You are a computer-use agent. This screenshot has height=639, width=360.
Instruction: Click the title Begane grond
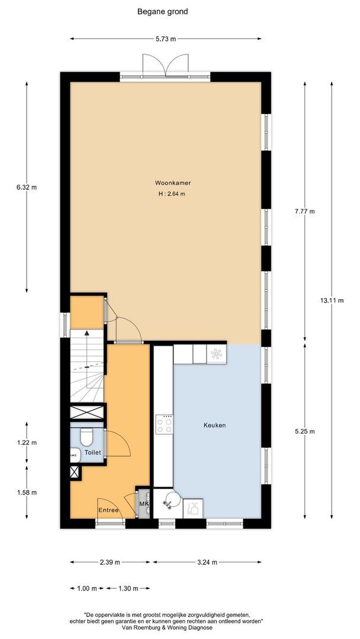pyautogui.click(x=163, y=12)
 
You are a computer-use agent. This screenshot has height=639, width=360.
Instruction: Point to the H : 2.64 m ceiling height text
pyautogui.click(x=172, y=194)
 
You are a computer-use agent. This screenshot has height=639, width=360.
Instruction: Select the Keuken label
pyautogui.click(x=215, y=425)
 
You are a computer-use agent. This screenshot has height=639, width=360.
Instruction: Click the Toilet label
pyautogui.click(x=92, y=453)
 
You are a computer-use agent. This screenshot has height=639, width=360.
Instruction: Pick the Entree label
pyautogui.click(x=108, y=510)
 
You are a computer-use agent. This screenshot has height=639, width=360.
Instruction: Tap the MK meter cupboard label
pyautogui.click(x=143, y=504)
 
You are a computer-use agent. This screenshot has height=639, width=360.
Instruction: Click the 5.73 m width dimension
pyautogui.click(x=166, y=39)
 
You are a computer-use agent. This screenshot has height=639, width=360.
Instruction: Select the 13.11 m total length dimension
pyautogui.click(x=332, y=301)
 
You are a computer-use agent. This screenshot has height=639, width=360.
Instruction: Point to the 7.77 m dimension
pyautogui.click(x=306, y=211)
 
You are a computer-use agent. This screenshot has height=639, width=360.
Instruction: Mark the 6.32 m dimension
pyautogui.click(x=27, y=188)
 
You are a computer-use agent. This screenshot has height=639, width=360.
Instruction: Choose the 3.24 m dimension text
pyautogui.click(x=207, y=563)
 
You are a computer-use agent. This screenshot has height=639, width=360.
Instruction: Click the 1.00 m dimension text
pyautogui.click(x=87, y=589)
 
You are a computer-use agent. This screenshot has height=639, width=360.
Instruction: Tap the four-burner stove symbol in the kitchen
pyautogui.click(x=164, y=424)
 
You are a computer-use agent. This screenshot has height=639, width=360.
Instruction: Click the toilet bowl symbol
pyautogui.click(x=86, y=437)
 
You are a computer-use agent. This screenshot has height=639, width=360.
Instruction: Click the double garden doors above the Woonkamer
pyautogui.click(x=166, y=65)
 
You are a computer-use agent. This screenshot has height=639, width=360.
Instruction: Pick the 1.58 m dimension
pyautogui.click(x=27, y=493)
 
